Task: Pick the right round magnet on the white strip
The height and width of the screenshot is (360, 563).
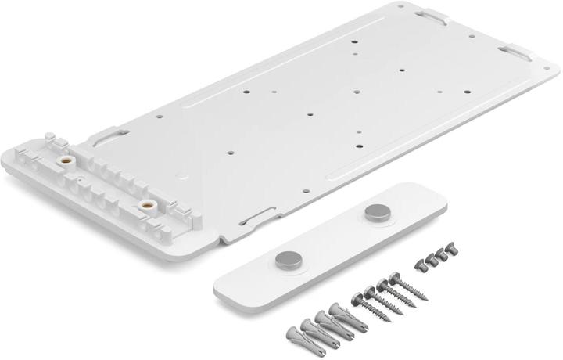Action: click(377, 212)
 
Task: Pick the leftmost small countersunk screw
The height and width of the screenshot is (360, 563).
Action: click(420, 265)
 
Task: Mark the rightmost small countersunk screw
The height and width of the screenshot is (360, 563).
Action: click(452, 250)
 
